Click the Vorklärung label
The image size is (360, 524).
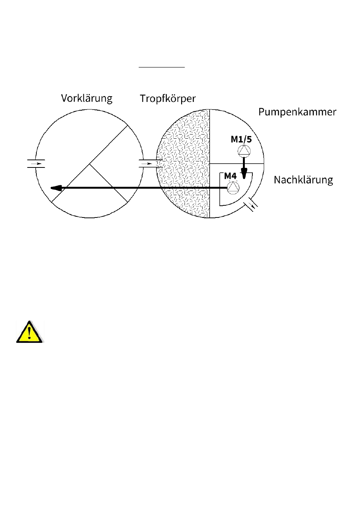[87, 99]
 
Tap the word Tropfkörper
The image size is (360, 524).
[167, 99]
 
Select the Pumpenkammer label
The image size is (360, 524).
[297, 112]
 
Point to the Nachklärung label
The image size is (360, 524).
[303, 180]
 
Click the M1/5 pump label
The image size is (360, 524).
[241, 139]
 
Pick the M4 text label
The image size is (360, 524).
[230, 176]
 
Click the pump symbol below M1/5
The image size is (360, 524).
[244, 151]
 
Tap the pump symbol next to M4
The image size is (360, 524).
[233, 187]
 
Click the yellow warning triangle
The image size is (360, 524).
[30, 332]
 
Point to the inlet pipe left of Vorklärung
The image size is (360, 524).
[36, 164]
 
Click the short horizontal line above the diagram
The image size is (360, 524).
[161, 67]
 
